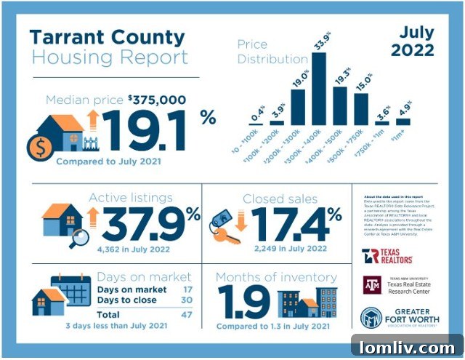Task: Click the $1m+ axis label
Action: coord(401,137)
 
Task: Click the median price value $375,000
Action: coord(156,100)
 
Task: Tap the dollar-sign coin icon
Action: coord(38,148)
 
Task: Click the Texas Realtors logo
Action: coord(387,256)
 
